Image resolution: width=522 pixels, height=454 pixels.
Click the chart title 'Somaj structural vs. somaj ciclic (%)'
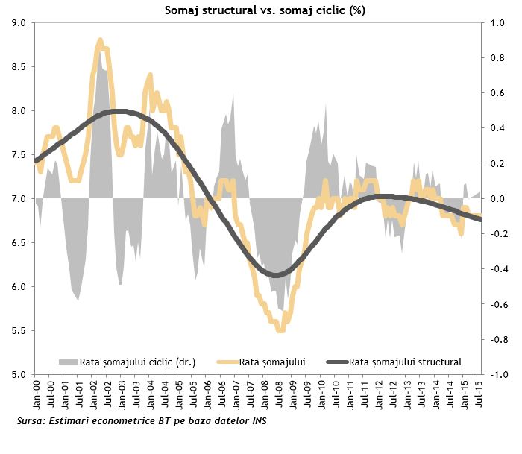(259, 10)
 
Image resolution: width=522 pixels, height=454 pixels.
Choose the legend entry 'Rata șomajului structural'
(406, 362)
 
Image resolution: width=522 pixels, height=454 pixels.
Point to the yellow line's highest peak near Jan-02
(100, 48)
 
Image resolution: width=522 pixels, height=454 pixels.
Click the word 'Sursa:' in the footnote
(31, 422)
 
